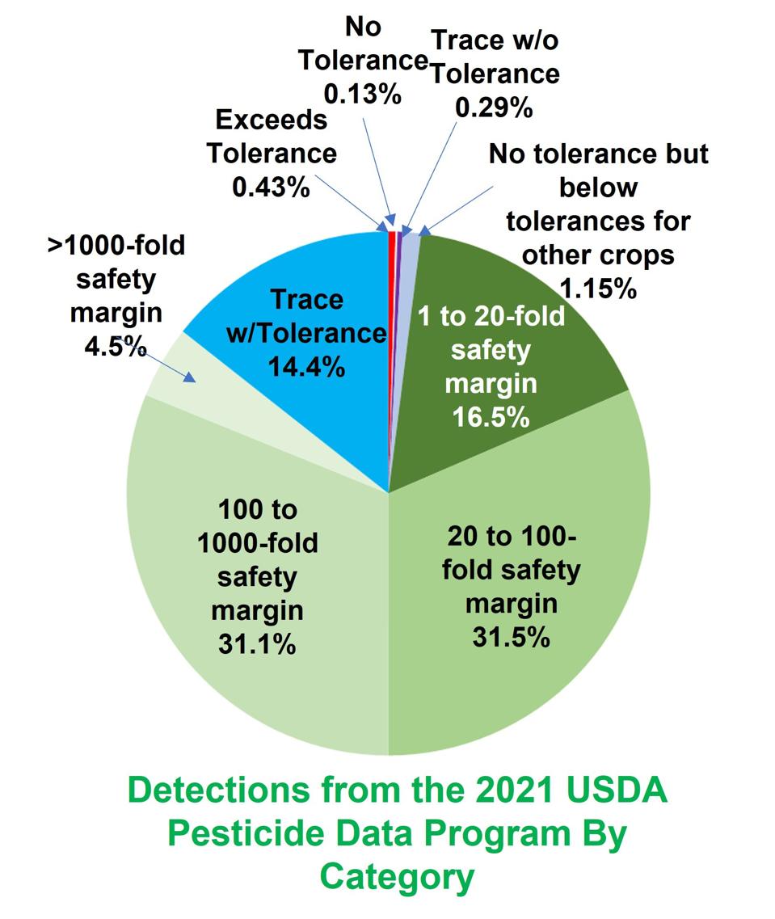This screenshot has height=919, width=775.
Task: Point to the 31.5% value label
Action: (x=511, y=636)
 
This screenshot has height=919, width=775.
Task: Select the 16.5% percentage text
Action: (x=491, y=417)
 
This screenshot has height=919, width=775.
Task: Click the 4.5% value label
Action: (x=116, y=347)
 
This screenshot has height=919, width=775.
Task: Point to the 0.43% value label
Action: (x=271, y=187)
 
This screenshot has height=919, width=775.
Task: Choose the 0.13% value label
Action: (x=363, y=94)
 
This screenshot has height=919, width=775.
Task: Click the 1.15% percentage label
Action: (x=597, y=288)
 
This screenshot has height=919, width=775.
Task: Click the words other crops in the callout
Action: (x=598, y=255)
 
